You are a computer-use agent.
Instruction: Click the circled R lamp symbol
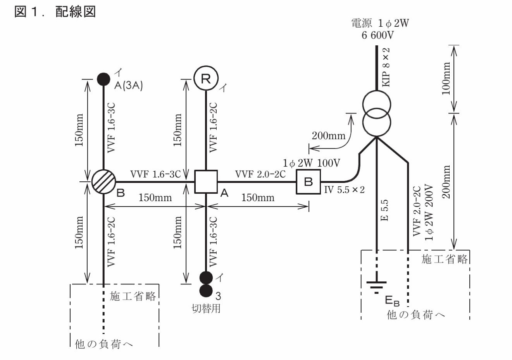click(x=206, y=79)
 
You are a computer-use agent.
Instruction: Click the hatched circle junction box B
click(x=103, y=182)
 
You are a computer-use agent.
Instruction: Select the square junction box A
click(x=206, y=182)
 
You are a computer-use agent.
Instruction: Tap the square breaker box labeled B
click(x=309, y=182)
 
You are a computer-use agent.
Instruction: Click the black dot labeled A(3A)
click(x=103, y=79)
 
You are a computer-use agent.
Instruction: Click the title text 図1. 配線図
click(x=55, y=12)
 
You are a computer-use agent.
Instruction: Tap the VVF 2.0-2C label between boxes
click(x=260, y=174)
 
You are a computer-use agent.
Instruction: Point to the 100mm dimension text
click(x=446, y=79)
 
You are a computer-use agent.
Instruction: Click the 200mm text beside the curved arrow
click(x=328, y=136)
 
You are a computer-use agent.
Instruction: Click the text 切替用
click(x=206, y=309)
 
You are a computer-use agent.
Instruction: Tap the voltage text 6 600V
click(x=377, y=35)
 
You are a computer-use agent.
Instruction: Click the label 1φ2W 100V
click(x=311, y=163)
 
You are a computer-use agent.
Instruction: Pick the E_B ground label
click(x=392, y=301)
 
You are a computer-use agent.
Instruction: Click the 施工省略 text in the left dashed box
click(x=133, y=296)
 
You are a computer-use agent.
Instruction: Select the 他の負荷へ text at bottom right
click(x=416, y=315)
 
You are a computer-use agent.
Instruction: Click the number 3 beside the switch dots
click(x=218, y=296)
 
